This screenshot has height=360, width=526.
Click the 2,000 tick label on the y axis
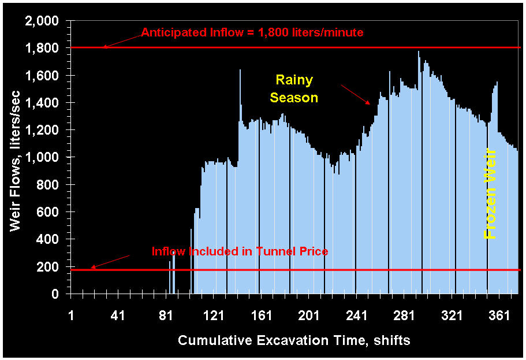[42, 21]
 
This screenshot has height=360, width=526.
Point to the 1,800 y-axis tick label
[42, 49]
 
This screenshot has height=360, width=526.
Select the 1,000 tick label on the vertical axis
[42, 158]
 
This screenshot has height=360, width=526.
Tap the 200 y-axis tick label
[49, 267]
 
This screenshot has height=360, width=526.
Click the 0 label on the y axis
[55, 294]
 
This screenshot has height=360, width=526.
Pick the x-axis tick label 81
[166, 316]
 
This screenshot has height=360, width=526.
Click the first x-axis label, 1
[71, 316]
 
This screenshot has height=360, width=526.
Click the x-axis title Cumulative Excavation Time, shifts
[294, 340]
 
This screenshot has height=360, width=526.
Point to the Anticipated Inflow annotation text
[252, 33]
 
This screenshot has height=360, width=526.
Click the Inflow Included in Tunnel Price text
[240, 251]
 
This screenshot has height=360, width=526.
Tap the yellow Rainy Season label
[294, 88]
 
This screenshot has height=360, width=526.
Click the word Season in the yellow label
[294, 98]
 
